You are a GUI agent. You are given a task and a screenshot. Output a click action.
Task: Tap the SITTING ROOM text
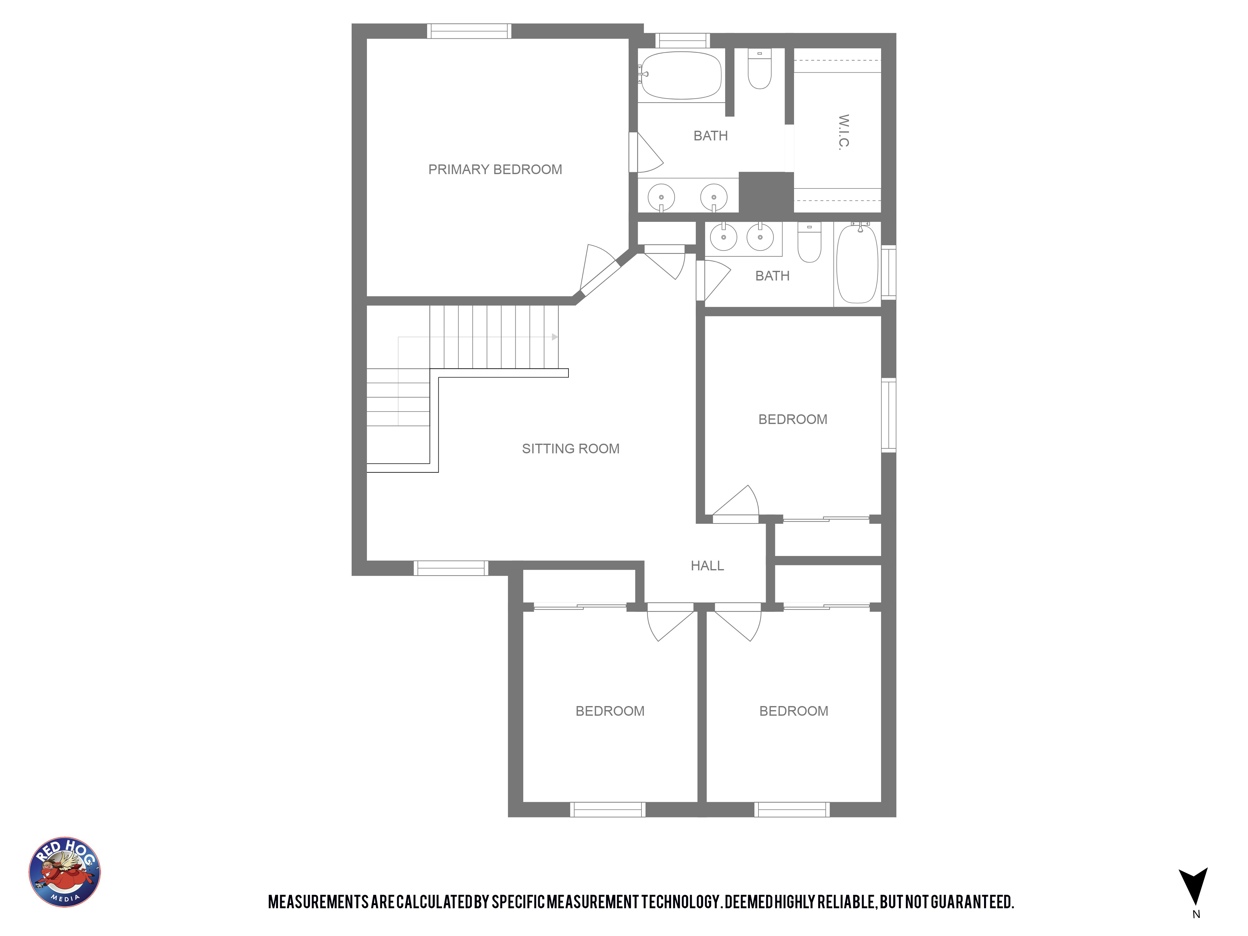[x=570, y=449]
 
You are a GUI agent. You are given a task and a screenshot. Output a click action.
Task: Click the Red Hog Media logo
[x=65, y=872]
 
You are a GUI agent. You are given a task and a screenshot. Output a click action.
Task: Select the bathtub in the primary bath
[x=681, y=76]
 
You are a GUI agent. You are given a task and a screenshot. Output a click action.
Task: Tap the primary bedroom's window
[x=469, y=31]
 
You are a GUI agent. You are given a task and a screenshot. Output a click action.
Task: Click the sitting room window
[x=451, y=568]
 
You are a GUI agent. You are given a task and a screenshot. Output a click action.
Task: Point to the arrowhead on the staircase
[x=555, y=337]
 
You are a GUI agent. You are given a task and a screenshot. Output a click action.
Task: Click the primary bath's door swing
[x=646, y=152]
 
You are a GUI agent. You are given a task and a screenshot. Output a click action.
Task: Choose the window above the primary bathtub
[x=682, y=41]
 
